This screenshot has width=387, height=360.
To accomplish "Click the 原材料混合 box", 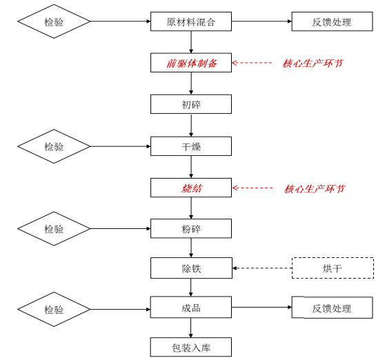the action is click(191, 21).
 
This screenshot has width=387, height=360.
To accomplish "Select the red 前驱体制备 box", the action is click(191, 63).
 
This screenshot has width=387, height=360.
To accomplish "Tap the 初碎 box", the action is click(191, 104).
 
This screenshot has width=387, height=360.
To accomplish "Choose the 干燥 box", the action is click(191, 146).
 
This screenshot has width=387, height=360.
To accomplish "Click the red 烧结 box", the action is click(191, 188).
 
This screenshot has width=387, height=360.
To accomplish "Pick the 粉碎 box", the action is click(191, 228).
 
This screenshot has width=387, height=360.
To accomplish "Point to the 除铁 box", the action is click(191, 268).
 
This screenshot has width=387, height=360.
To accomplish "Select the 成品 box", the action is click(191, 307).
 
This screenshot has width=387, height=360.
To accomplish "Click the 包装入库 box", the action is click(191, 347).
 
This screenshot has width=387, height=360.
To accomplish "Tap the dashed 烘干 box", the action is click(333, 268).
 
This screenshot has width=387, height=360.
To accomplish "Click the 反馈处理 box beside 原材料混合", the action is click(333, 21).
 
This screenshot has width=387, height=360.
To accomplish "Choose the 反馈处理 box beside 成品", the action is click(333, 308).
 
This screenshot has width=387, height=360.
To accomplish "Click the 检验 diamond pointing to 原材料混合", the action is click(54, 21).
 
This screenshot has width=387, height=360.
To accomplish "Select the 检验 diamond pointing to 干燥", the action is click(54, 146).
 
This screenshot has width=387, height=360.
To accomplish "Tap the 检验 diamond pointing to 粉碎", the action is click(54, 229).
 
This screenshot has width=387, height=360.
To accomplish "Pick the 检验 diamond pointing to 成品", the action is click(54, 310).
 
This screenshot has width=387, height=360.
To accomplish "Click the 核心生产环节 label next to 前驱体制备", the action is click(312, 63).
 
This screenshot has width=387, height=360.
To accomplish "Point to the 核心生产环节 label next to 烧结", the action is click(315, 189).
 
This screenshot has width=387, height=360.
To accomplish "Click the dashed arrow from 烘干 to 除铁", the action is click(262, 268).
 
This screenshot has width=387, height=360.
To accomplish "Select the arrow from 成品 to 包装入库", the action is click(191, 328).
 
